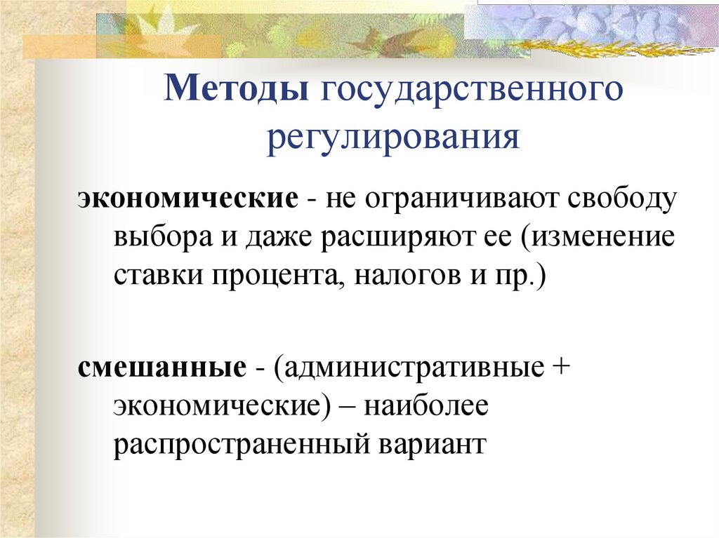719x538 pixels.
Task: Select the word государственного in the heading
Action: pyautogui.click(x=472, y=92)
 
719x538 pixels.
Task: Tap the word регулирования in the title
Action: pyautogui.click(x=393, y=136)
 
